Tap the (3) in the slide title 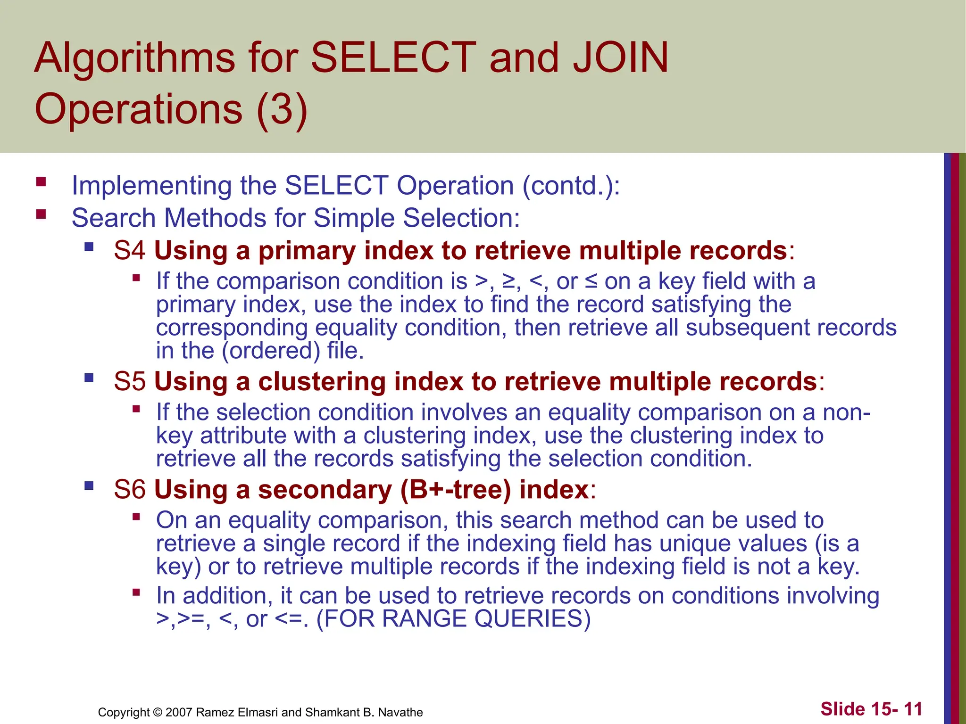282,109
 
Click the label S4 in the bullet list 129,250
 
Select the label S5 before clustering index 129,381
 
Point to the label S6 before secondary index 129,489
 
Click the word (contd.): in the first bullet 571,186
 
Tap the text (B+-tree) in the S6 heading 455,490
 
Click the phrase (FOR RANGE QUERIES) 453,619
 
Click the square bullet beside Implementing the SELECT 41,182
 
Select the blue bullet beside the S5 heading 89,378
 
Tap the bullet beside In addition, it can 136,592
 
